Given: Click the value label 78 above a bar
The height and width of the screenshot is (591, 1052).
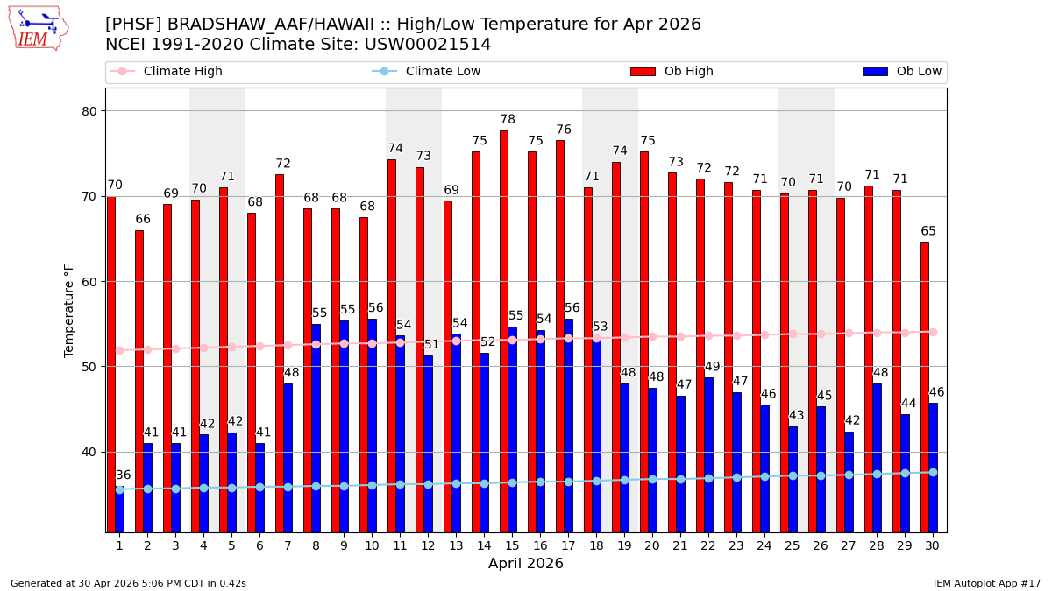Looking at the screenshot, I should pos(508,120).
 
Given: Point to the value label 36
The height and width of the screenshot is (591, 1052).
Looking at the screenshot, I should pos(124,475).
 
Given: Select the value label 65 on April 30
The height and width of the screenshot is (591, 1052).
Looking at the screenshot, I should pos(928,231).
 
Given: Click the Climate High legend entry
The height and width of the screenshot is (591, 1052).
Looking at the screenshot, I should pos(171,72).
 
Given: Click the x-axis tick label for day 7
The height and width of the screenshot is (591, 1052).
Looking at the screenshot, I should pos(288,545).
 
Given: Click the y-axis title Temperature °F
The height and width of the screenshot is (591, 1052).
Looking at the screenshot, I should pos(70,311).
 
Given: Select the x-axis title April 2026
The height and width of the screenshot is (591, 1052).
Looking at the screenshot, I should pos(526,564).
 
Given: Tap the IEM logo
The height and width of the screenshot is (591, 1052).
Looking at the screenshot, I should pos(38,28).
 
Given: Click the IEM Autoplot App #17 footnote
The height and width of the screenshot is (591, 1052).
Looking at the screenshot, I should pos(986,583).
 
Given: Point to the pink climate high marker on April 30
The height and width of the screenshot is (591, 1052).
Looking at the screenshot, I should pos(933,332).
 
